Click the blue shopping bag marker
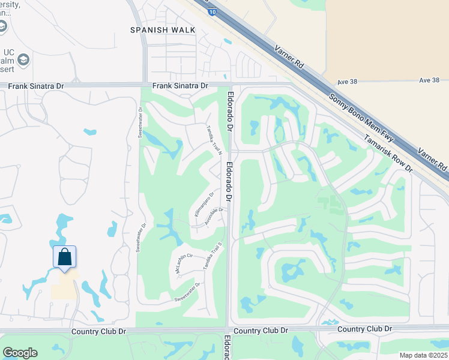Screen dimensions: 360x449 coord(65,257)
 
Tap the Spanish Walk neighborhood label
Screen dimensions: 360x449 coord(155,29)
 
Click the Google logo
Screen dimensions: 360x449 coord(20,353)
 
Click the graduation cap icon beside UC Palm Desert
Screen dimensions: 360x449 coord(23,59)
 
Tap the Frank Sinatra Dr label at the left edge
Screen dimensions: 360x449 coord(35,86)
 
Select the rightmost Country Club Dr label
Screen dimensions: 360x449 coord(364,329)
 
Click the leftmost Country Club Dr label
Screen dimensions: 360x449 coord(98,331)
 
